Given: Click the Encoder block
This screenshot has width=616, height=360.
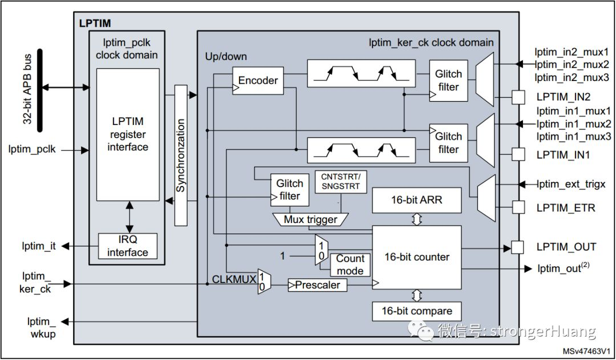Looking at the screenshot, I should tap(258, 80).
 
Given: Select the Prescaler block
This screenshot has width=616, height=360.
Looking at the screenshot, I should tap(318, 284).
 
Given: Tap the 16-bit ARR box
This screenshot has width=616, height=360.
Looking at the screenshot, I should tap(416, 201).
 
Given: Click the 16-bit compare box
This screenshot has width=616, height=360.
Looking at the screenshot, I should tap(416, 312).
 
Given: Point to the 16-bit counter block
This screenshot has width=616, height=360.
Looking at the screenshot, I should tap(416, 257).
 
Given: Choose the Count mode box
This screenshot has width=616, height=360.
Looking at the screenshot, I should tap(350, 265).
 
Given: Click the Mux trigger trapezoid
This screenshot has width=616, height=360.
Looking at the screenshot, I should tap(310, 220).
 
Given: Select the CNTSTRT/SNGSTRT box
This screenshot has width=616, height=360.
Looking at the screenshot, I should tap(341, 181).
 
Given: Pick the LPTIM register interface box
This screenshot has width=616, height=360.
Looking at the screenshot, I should tap(128, 135).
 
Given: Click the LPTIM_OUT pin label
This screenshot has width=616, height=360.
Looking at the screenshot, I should tap(566, 247).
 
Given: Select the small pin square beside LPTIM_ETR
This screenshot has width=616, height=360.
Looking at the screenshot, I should tap(517, 208).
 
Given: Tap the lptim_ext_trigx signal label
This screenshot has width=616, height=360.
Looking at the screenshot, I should tap(570, 184).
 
